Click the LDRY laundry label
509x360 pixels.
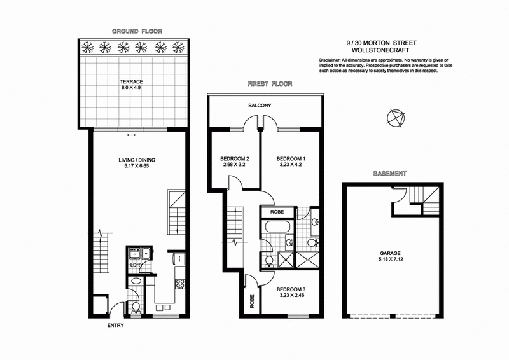135,265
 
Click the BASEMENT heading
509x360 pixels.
390,173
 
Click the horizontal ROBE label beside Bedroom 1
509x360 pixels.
277,212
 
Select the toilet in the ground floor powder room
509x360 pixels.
136,308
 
